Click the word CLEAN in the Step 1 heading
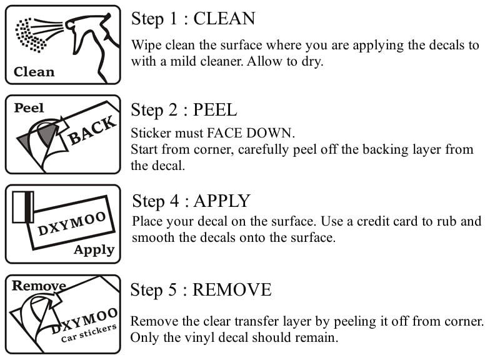(x=224, y=19)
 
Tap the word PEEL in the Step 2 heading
(x=215, y=110)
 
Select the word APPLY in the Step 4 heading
(x=222, y=201)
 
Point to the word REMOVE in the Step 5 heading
(x=232, y=290)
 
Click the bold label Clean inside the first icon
(x=34, y=72)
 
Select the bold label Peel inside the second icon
(x=29, y=107)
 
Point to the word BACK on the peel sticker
(x=92, y=130)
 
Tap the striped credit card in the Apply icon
(x=23, y=207)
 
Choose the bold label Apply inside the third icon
(x=94, y=250)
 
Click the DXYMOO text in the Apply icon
(x=72, y=224)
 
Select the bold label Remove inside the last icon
(x=39, y=286)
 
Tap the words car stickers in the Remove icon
(x=88, y=333)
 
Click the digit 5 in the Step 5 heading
(x=172, y=290)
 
